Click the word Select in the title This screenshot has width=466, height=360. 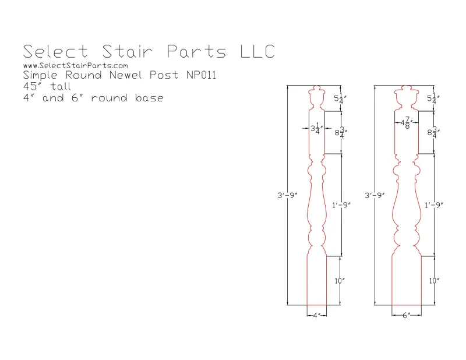click(x=53, y=51)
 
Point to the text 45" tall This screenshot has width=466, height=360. click(x=47, y=86)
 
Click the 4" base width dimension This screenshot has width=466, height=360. click(x=316, y=315)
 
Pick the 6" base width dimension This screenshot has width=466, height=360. click(x=406, y=315)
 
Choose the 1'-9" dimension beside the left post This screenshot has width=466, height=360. click(x=341, y=204)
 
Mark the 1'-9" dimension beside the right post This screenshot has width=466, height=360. click(x=435, y=204)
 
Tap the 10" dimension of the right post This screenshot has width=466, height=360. click(x=433, y=281)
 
